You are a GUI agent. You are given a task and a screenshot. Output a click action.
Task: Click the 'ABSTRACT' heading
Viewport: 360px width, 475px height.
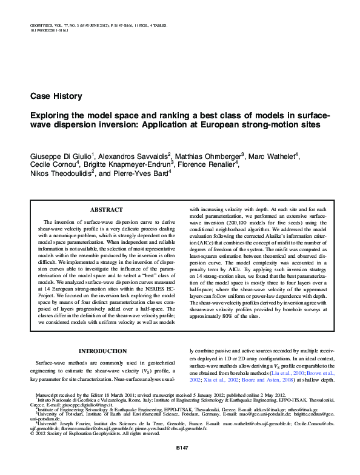point(106,209)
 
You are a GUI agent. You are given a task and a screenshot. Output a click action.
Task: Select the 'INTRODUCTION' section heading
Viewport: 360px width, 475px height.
point(104,351)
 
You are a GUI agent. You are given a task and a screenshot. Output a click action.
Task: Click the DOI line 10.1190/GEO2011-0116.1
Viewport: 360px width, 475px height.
point(49,31)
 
